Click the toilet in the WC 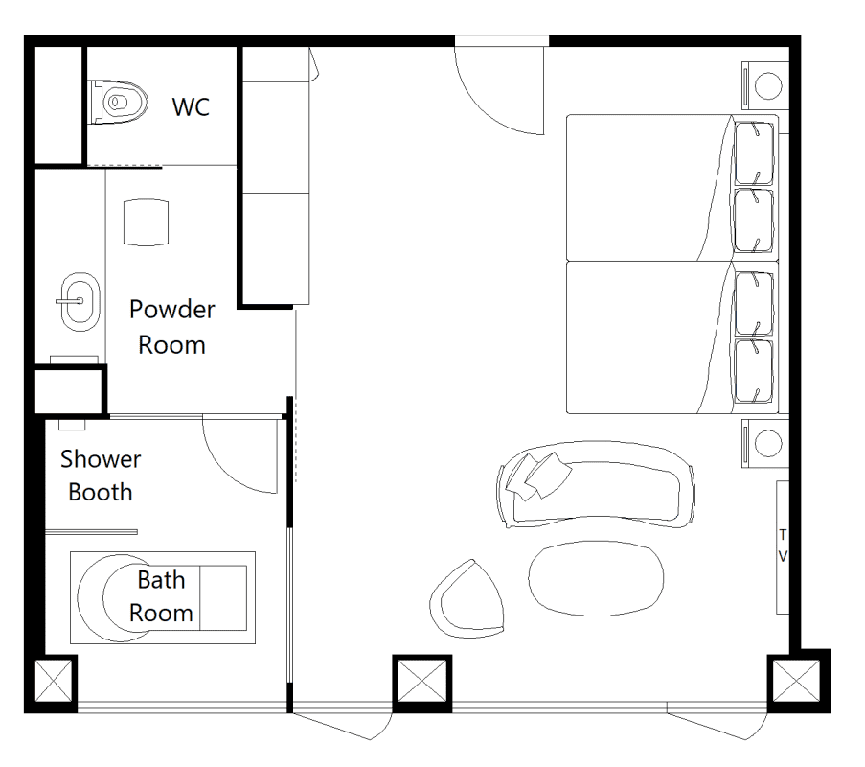coord(119,103)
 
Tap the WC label coord(191,107)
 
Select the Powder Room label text coord(172,327)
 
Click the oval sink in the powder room coord(80,301)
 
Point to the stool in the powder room coord(146,222)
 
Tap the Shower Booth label coord(101,476)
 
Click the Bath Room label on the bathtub coord(161,596)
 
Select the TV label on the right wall coord(783,546)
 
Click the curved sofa coord(596,485)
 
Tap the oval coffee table coord(596,579)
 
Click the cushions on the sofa coord(537,476)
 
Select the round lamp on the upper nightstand coord(768,86)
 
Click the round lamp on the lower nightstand coord(768,443)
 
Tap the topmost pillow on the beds coord(754,153)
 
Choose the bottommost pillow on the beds coord(754,371)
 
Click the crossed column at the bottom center coord(422,682)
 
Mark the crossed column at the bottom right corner coord(798,682)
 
